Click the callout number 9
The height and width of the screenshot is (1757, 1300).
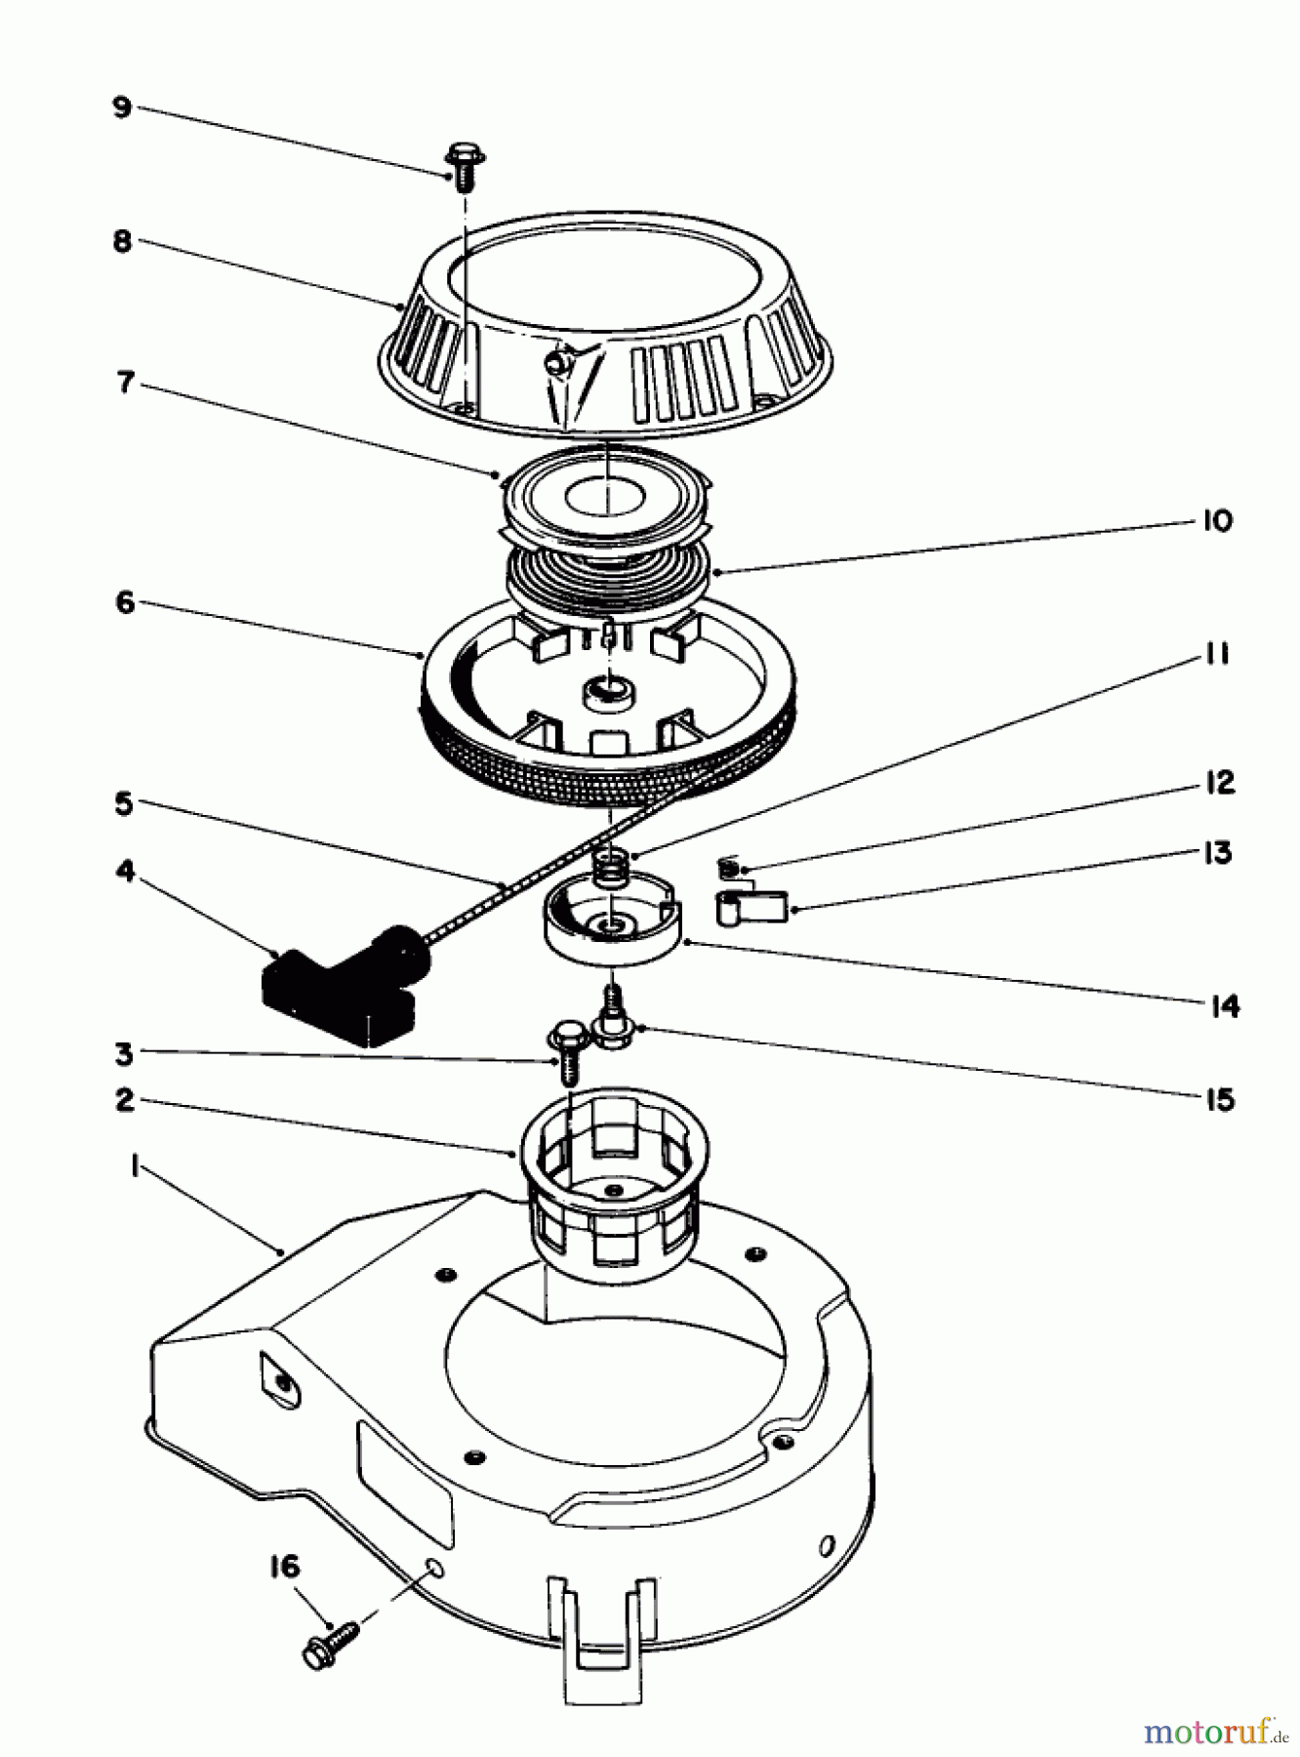[122, 106]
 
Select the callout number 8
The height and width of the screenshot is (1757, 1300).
[122, 240]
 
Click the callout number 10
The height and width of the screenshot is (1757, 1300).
[1216, 520]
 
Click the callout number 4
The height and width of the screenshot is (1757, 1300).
[125, 870]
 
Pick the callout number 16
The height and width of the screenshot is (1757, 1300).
[284, 1567]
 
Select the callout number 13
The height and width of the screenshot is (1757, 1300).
[1217, 852]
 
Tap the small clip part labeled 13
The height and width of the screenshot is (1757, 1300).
[752, 907]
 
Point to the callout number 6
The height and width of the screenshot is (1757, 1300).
[125, 602]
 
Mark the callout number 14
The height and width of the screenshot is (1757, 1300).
[1224, 1005]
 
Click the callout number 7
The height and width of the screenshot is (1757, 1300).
[125, 382]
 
